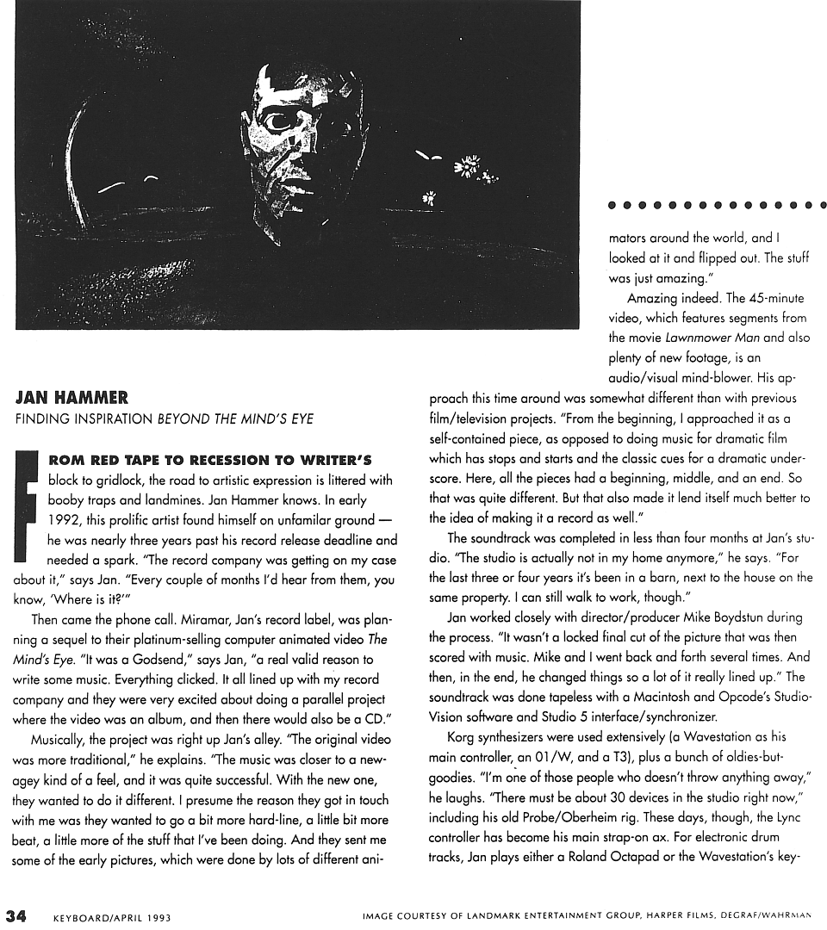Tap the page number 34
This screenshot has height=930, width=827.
click(x=18, y=916)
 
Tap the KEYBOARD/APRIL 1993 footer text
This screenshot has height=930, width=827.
click(x=112, y=918)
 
